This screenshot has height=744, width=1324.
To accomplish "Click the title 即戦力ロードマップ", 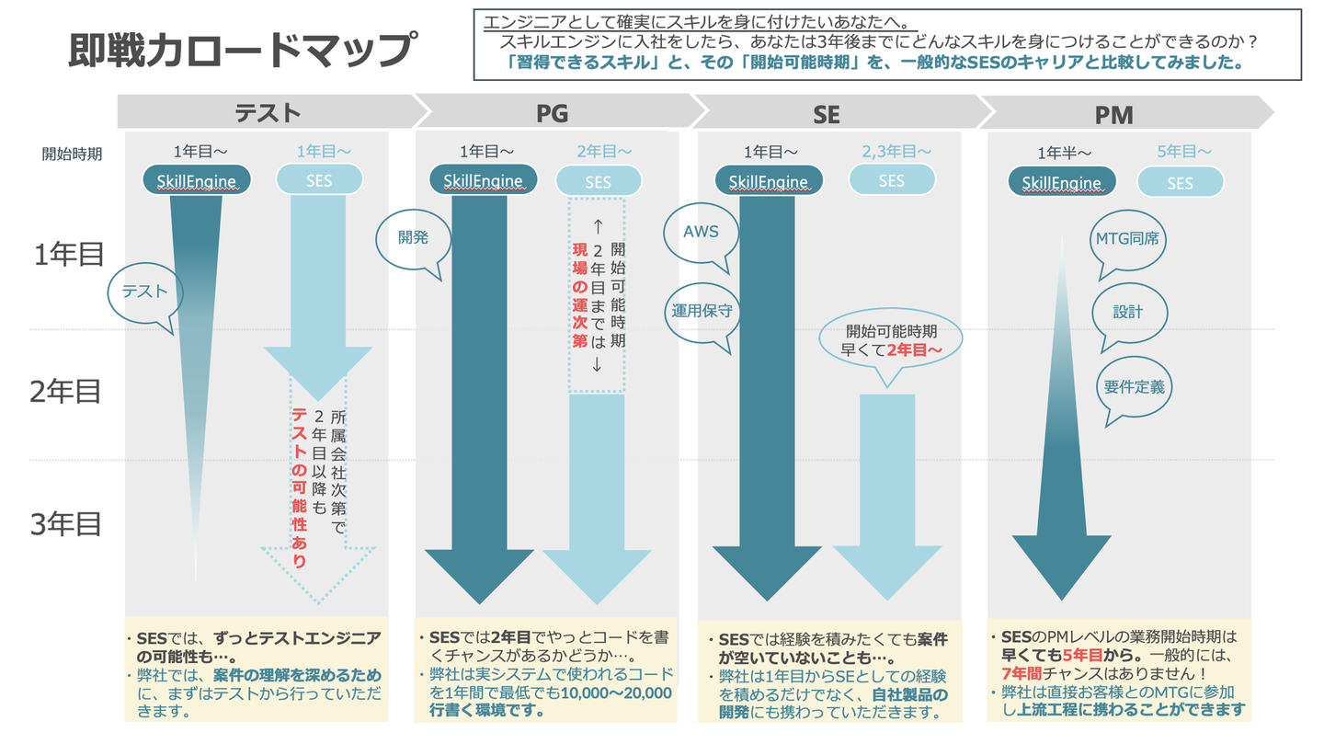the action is coord(243,50).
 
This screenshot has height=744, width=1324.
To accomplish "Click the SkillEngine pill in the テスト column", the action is coord(197,179).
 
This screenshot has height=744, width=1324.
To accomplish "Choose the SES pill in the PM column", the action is coord(1180,182).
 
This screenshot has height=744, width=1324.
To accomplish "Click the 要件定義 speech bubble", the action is coord(1134,390).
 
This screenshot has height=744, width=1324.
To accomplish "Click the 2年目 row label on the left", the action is coord(65,392).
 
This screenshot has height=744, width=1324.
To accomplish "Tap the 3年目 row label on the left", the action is coord(65,524).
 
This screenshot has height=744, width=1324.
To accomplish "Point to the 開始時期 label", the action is coord(72,154).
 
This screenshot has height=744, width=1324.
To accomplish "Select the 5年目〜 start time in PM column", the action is coord(1184,152).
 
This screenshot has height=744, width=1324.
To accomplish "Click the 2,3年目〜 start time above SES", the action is coord(896,152).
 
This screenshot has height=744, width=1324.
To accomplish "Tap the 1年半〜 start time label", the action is coord(1064,154).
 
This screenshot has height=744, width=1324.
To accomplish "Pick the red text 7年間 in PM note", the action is coord(1022,673).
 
